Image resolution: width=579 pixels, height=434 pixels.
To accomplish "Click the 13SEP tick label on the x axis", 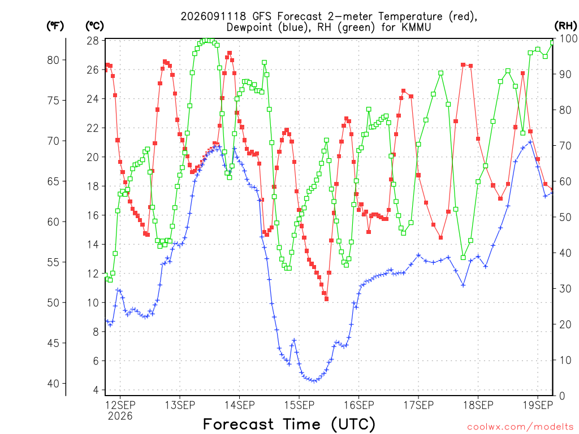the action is (x=180, y=405).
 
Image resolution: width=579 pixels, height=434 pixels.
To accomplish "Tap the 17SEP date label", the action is (x=418, y=405).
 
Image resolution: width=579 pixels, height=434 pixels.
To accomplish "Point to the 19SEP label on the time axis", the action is (x=538, y=405).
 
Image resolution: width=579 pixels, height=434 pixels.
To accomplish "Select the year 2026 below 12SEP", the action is (x=120, y=416).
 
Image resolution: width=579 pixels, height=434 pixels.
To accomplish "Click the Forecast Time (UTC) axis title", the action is (x=289, y=424).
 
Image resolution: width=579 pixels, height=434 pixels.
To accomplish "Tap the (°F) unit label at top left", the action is (x=55, y=26).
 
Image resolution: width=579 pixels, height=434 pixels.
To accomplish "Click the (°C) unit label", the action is (x=94, y=26).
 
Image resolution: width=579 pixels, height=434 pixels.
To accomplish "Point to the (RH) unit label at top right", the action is (x=565, y=26).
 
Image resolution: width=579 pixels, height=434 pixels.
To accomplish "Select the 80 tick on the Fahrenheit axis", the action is (x=53, y=60).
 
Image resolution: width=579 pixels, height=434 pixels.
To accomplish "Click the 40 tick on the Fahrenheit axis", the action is (x=53, y=384).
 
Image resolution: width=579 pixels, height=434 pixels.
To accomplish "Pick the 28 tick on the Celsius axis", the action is (x=93, y=41).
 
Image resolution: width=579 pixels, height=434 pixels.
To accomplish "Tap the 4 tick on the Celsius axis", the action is (x=96, y=390).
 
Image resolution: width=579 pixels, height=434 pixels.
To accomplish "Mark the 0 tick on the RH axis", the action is (x=562, y=396).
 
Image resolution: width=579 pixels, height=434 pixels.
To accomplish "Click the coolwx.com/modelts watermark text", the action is (x=520, y=427).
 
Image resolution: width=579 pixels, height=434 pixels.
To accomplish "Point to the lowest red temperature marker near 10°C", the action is (x=326, y=299).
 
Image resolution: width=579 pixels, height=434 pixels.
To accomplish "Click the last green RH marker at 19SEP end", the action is (x=552, y=43).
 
